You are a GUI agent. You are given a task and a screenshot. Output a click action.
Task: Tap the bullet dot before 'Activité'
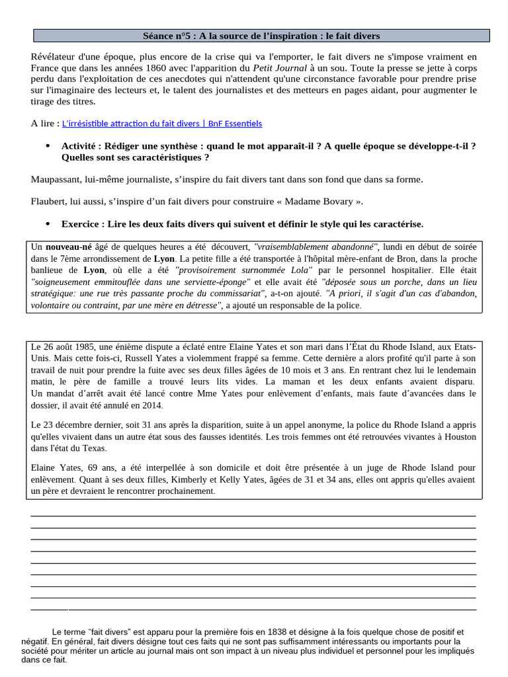pos(47,146)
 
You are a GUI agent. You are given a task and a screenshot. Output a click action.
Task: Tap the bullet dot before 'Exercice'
pos(47,224)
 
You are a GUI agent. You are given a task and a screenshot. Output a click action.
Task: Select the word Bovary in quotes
pos(340,202)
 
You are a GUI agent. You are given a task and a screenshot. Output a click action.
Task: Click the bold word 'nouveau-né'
pos(69,247)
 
